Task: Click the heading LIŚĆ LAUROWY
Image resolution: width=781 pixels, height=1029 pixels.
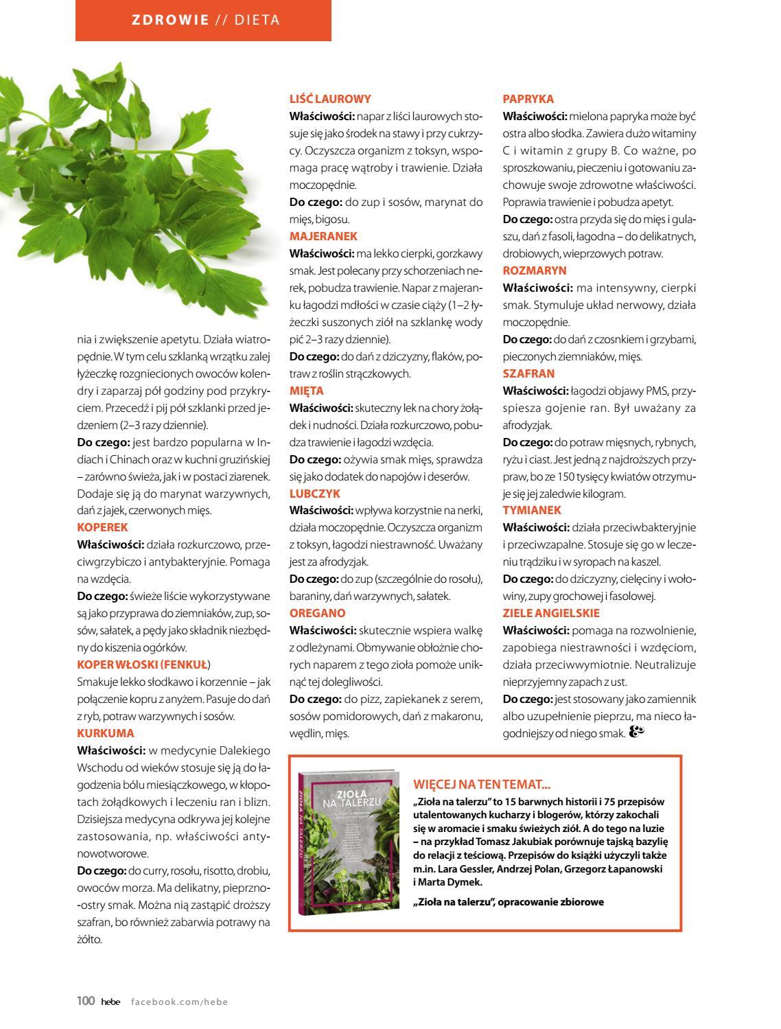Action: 330,99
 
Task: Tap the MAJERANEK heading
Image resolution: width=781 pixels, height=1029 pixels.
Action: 323,236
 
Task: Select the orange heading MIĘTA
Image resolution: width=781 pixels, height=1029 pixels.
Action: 306,391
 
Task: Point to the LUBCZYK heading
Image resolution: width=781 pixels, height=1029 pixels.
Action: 314,494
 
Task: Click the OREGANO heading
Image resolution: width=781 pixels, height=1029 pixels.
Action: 317,613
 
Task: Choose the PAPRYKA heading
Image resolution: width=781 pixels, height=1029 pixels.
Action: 528,99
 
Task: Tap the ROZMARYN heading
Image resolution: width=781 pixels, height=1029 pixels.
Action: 535,270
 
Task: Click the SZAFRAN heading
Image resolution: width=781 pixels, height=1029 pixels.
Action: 528,373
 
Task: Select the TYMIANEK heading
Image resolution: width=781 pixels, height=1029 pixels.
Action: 532,510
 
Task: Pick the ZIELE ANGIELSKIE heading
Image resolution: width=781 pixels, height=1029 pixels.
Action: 551,613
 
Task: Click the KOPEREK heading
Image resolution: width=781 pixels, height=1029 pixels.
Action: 102,528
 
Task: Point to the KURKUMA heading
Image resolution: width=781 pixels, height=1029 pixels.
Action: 105,733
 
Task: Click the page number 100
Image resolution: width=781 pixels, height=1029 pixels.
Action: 85,1002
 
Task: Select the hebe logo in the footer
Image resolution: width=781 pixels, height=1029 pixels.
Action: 110,1002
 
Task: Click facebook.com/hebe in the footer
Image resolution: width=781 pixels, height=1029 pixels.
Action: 179,1002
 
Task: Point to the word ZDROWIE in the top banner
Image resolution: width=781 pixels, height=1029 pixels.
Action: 170,20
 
